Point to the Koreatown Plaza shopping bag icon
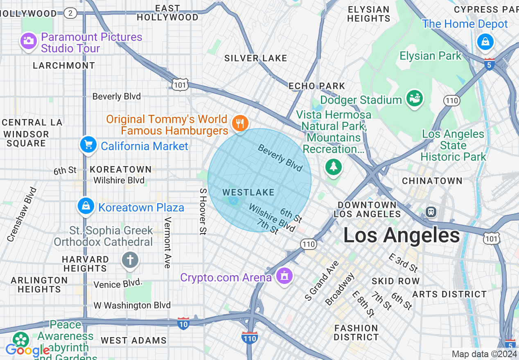(86, 207)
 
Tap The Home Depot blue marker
(485, 42)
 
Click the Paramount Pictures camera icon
(28, 41)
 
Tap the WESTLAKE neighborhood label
(248, 192)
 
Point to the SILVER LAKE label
(255, 59)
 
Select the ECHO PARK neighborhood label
(317, 86)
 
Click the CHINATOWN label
(432, 181)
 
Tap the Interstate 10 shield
(183, 324)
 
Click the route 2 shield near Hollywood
(70, 13)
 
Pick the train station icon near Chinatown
(431, 211)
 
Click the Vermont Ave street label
(167, 243)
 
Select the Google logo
(27, 350)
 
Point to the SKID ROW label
(395, 281)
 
